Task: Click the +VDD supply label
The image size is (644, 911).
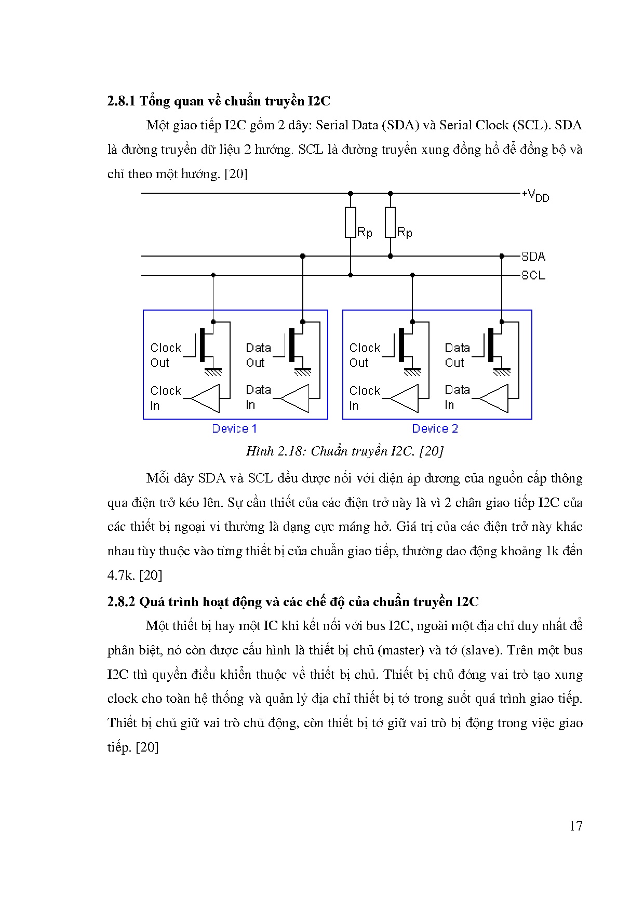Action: [x=535, y=195]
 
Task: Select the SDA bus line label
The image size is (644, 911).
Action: [x=533, y=256]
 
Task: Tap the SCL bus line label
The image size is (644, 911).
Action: [x=533, y=275]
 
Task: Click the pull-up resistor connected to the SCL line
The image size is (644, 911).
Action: [x=351, y=222]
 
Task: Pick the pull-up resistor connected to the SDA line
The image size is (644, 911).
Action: [x=390, y=222]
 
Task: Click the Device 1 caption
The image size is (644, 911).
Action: [x=234, y=428]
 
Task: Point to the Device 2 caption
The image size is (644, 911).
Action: [x=435, y=428]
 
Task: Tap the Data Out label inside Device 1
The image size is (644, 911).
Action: [x=258, y=355]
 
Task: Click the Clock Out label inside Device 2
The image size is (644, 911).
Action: [x=365, y=355]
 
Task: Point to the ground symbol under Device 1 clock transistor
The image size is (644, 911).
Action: [x=213, y=371]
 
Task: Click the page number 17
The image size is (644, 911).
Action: [x=575, y=826]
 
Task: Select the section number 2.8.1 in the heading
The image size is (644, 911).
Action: [x=121, y=101]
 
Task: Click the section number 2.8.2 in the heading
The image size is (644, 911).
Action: [x=121, y=601]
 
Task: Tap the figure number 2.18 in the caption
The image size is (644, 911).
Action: [x=291, y=451]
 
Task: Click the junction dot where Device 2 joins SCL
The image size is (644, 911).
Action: [x=412, y=275]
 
